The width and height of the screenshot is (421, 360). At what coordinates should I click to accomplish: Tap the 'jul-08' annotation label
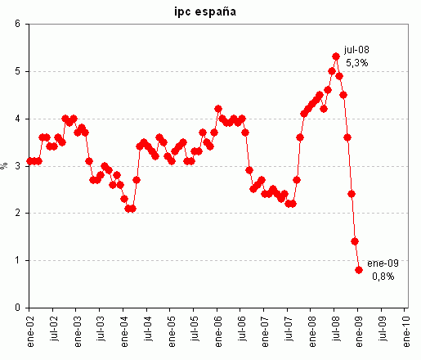pos(357,49)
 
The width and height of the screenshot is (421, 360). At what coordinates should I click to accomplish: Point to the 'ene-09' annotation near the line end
pos(381,263)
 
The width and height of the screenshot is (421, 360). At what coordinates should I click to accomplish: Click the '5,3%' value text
pos(357,62)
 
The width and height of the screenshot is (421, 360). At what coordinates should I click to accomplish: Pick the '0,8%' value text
pos(382,276)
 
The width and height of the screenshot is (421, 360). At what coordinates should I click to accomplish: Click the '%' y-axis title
pos(5,165)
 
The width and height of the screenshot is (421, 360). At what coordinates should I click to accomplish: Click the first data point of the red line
pos(29,161)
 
